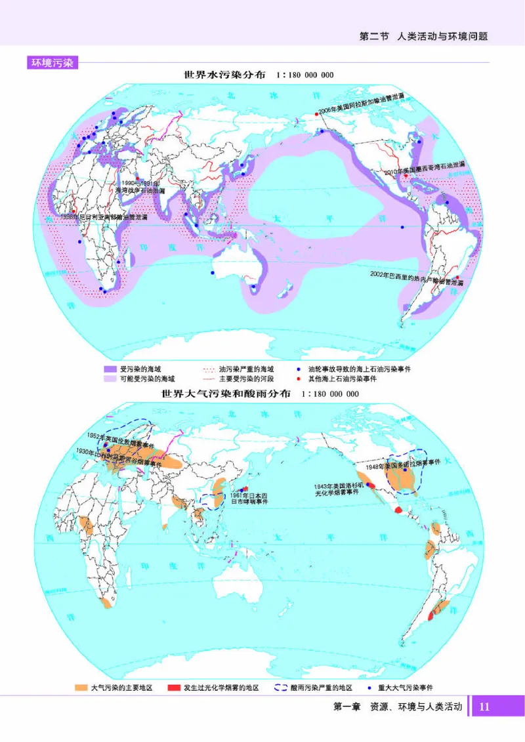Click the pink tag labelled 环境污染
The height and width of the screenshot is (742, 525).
click(x=52, y=63)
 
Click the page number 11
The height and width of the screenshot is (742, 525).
click(x=485, y=707)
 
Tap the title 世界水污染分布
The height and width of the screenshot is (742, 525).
click(x=224, y=75)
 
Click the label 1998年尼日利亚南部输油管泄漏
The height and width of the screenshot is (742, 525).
click(x=104, y=216)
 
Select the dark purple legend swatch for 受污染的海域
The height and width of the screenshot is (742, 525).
click(x=110, y=369)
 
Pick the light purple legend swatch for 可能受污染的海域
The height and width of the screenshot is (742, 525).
click(x=110, y=379)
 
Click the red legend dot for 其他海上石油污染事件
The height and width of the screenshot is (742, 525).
click(x=299, y=379)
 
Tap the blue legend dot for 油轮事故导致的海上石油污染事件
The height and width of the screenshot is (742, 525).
click(x=299, y=369)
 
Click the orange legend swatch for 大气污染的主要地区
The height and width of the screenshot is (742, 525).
click(x=81, y=688)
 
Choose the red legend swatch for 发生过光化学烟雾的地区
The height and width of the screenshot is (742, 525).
click(x=174, y=688)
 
